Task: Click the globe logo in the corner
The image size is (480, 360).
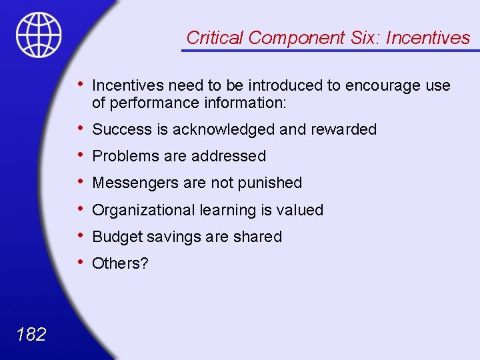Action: tap(39, 34)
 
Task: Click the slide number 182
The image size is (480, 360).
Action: tap(30, 333)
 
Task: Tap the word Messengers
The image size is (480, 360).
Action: tap(131, 183)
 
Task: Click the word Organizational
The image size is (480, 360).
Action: tap(143, 210)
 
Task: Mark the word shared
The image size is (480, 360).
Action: tap(259, 237)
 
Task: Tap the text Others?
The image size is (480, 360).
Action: tap(120, 263)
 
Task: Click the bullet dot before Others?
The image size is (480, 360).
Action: tap(80, 261)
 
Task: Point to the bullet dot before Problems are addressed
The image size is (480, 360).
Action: tap(80, 154)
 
